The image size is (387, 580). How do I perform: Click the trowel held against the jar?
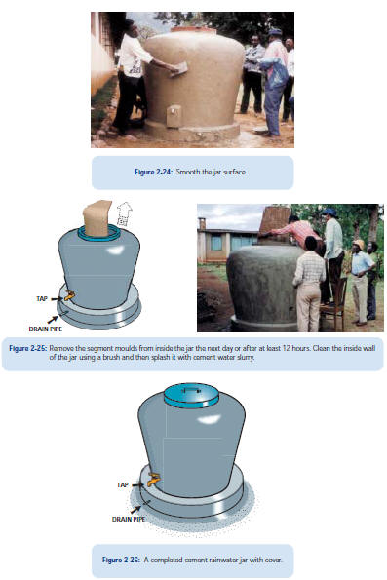coord(179,70)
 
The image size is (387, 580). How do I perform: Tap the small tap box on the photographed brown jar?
coord(174,117)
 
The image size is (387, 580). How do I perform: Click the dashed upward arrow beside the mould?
coord(124,213)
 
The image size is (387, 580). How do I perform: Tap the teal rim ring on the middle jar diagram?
coord(98,234)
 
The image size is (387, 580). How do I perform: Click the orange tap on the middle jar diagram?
coord(69,295)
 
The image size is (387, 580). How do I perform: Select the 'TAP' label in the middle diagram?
coord(42,299)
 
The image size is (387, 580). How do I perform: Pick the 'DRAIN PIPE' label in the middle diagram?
coord(46,329)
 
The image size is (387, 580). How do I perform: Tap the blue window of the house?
coord(216,243)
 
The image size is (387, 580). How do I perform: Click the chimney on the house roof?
coord(202,224)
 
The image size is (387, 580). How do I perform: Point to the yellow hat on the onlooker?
coord(358,244)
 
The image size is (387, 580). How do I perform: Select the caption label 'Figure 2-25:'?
coord(28,348)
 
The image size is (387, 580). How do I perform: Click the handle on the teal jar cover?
coord(191,389)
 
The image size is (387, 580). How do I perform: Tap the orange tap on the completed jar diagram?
coord(154,480)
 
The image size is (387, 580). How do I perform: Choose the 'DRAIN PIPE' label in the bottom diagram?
coord(129,519)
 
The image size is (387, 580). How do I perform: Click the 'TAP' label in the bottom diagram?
coord(123,484)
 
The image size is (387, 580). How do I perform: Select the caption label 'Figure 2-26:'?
coord(121,560)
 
